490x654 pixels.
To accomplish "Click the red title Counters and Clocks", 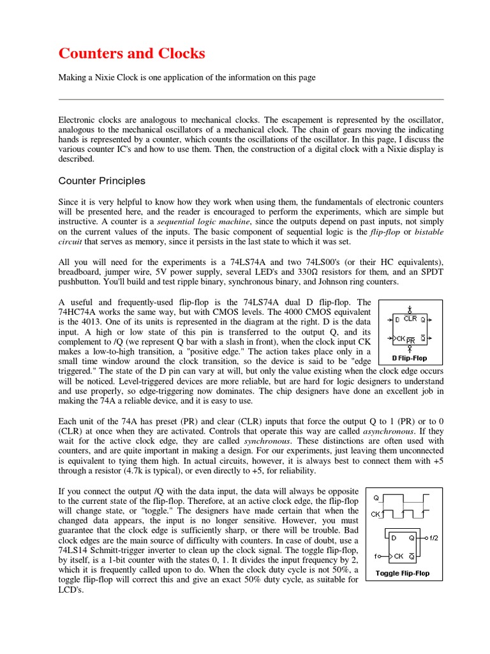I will coord(131,54).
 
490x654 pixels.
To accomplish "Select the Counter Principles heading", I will coord(102,181).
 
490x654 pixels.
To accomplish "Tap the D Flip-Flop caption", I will coord(410,358).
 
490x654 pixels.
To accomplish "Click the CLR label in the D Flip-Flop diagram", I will coord(410,318).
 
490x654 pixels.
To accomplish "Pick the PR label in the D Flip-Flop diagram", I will coord(410,340).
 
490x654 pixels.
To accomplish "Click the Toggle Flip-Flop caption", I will coord(402,573).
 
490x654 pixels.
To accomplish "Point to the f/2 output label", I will coord(433,538).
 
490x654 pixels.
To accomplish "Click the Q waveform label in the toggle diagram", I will coord(376,498).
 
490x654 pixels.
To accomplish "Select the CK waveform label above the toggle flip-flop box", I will coord(376,513).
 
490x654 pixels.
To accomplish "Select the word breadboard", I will coord(78,272).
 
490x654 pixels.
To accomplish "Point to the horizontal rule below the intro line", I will coord(251,99).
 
